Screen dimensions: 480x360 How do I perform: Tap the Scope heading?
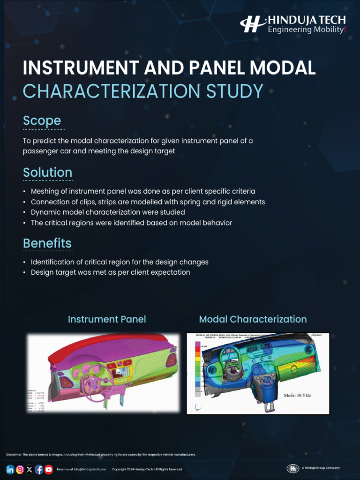pyautogui.click(x=42, y=120)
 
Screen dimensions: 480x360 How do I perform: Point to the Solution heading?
pyautogui.click(x=47, y=172)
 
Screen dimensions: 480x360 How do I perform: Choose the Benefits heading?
pyautogui.click(x=47, y=243)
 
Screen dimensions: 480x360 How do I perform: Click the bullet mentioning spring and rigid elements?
pyautogui.click(x=148, y=202)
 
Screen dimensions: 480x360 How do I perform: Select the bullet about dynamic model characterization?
pyautogui.click(x=108, y=212)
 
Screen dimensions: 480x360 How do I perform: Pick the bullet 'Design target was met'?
pyautogui.click(x=110, y=272)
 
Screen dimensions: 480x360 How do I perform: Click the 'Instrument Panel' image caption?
pyautogui.click(x=107, y=319)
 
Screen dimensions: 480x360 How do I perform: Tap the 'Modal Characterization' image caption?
pyautogui.click(x=253, y=319)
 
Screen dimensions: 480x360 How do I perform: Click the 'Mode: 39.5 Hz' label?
pyautogui.click(x=297, y=395)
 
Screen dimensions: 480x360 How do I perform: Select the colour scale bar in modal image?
pyautogui.click(x=198, y=368)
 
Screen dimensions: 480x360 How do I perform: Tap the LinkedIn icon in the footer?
pyautogui.click(x=10, y=469)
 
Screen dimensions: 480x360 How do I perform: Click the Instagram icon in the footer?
pyautogui.click(x=20, y=469)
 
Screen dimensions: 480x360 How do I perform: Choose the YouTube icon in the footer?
pyautogui.click(x=48, y=469)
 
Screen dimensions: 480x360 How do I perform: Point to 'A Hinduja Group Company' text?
pyautogui.click(x=321, y=468)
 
